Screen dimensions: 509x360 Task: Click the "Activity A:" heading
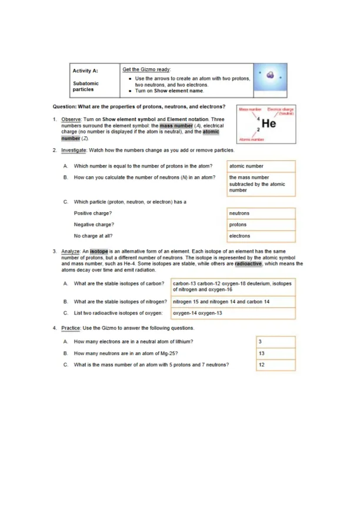point(85,71)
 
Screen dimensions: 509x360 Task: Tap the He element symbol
point(269,123)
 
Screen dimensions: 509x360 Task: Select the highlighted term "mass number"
point(176,126)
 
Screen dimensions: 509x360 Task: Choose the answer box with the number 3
point(276,342)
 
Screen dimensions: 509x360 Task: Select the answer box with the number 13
point(276,354)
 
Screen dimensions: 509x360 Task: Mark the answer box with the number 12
point(276,365)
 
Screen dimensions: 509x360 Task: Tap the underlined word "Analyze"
point(71,252)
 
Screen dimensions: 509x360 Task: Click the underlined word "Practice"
point(71,328)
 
